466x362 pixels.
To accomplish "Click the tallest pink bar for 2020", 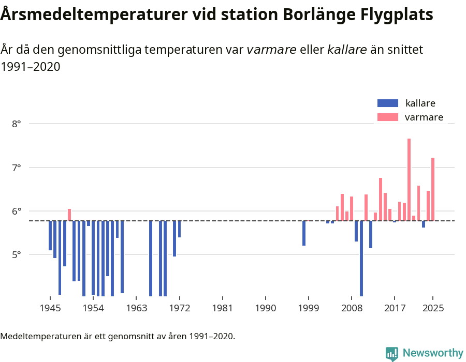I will [409, 179].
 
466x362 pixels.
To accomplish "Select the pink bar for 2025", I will [433, 189].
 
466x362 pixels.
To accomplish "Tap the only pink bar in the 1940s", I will [69, 215].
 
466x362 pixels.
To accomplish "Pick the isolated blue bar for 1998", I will [304, 233].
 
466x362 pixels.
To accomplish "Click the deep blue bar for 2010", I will [361, 259].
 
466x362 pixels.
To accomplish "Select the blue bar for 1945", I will [50, 235].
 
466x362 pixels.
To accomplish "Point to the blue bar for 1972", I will [179, 229].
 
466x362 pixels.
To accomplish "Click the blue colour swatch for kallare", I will [388, 103].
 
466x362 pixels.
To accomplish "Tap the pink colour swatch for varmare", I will [388, 117].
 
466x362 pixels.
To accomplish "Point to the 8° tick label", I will [17, 124].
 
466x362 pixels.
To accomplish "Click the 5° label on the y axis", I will [17, 254].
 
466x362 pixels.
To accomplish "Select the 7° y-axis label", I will [17, 168].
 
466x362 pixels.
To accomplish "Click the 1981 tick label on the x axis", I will [222, 308].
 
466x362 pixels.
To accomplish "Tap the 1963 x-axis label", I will [136, 308].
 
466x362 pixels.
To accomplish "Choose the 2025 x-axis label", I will [433, 308].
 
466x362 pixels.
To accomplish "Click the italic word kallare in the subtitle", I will [347, 50].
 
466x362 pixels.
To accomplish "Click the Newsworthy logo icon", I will [392, 353].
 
